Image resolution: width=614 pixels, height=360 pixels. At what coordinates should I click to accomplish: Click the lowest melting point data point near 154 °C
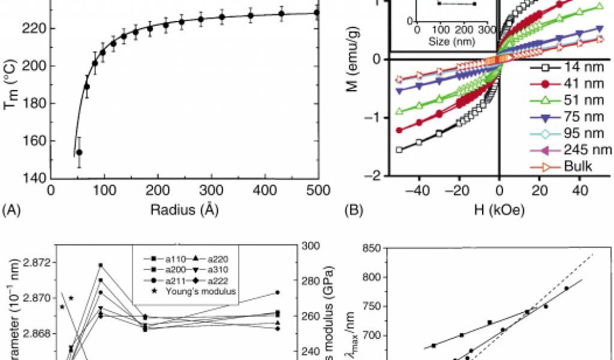click(79, 152)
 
